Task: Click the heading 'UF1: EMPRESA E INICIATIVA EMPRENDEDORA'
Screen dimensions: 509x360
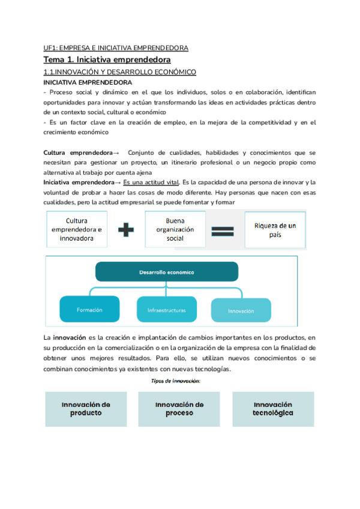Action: pyautogui.click(x=116, y=47)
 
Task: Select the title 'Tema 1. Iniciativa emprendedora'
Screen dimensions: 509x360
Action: pyautogui.click(x=107, y=59)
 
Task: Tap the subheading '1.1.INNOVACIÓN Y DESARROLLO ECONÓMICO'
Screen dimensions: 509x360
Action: pyautogui.click(x=120, y=72)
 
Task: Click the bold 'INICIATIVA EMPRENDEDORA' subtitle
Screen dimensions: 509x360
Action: pyautogui.click(x=88, y=82)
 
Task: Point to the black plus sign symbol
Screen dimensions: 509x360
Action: pyautogui.click(x=126, y=230)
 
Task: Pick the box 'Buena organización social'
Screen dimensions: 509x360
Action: pyautogui.click(x=175, y=229)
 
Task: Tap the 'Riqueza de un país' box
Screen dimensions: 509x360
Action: pyautogui.click(x=275, y=230)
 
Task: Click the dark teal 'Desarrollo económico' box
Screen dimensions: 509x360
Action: pyautogui.click(x=166, y=272)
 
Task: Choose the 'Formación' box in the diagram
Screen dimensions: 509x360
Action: pyautogui.click(x=89, y=310)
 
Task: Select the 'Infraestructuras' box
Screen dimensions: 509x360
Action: pyautogui.click(x=167, y=310)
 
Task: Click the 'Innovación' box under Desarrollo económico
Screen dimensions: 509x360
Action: pyautogui.click(x=241, y=311)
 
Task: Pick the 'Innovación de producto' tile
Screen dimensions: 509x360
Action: pyautogui.click(x=86, y=409)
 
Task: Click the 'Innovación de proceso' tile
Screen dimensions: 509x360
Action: pyautogui.click(x=179, y=409)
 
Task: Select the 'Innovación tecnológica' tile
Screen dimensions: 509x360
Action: pyautogui.click(x=273, y=409)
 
